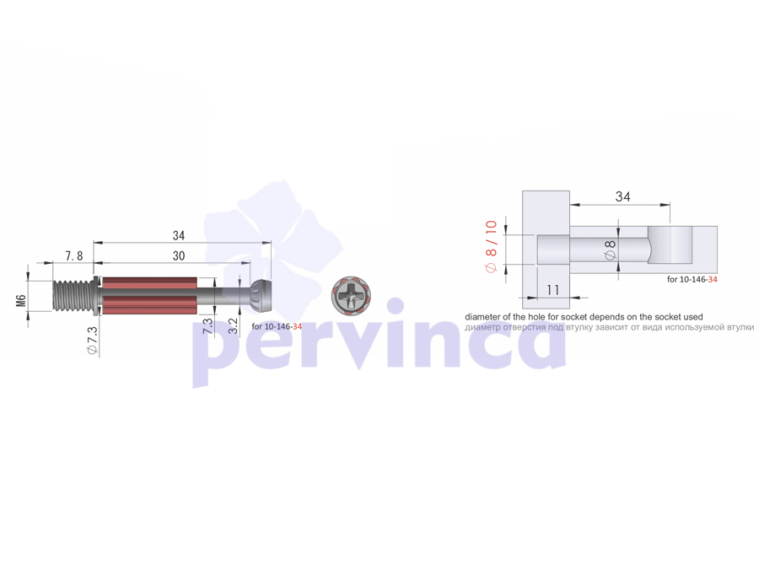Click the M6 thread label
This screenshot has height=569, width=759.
tap(21, 300)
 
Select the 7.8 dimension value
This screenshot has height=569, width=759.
tap(73, 256)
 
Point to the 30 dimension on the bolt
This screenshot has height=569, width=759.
tap(179, 256)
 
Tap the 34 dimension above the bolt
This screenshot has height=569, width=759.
tap(179, 236)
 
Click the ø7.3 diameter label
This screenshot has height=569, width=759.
tap(93, 341)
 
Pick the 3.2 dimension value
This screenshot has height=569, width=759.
tap(233, 325)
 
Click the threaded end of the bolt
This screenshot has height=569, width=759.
tap(72, 296)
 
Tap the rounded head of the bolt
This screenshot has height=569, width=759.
tap(261, 296)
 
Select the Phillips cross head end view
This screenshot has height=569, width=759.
tap(351, 295)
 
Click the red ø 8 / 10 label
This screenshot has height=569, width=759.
tap(492, 246)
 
